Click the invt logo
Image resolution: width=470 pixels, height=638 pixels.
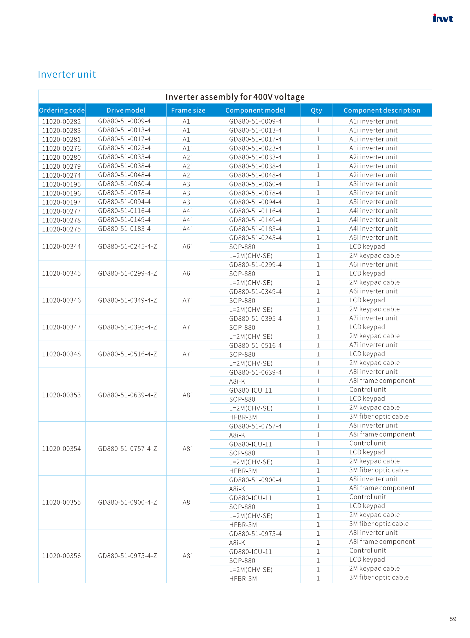(x=443, y=18)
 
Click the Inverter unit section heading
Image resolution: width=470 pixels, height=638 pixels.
(x=67, y=74)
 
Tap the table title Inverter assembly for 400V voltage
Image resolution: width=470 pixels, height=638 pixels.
(x=235, y=97)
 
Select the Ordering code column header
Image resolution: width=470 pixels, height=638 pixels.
(x=62, y=110)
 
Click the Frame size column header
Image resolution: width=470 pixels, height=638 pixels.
(x=188, y=110)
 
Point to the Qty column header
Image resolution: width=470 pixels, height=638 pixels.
(x=316, y=110)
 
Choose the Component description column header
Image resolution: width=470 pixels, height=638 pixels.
(x=382, y=110)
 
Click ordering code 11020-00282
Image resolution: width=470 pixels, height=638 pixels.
(x=61, y=122)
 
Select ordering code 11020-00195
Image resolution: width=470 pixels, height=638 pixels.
(x=61, y=184)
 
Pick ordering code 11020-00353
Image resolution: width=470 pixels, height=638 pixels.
(x=61, y=395)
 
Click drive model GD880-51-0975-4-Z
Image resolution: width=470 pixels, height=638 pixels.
(x=127, y=556)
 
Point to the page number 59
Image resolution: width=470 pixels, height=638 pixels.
(x=453, y=619)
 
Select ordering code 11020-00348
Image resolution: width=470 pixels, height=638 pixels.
(x=61, y=354)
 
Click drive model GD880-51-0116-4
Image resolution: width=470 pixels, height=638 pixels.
(x=124, y=211)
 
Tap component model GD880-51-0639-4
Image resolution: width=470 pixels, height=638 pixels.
(x=255, y=372)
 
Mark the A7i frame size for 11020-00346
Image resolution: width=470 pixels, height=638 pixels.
(x=187, y=300)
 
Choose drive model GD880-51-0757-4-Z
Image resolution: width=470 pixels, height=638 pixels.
(x=127, y=448)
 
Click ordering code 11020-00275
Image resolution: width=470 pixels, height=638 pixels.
(x=61, y=229)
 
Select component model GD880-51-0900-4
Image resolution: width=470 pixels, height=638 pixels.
(x=255, y=480)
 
